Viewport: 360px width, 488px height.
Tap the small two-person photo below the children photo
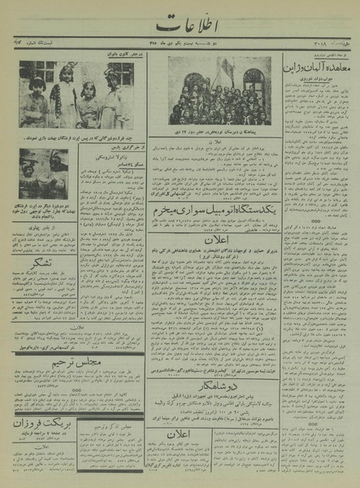[x=44, y=172]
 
